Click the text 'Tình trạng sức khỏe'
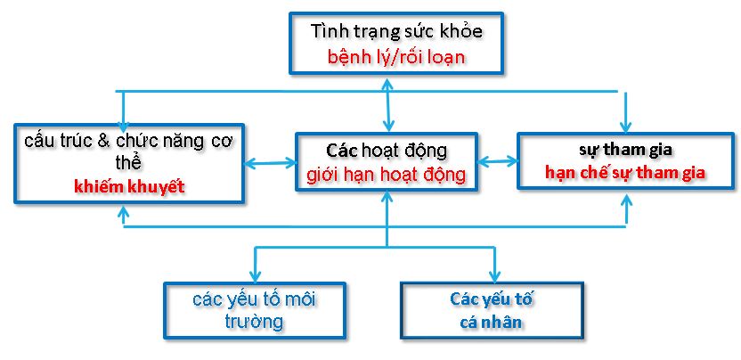point(396,32)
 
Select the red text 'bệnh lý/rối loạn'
point(396,57)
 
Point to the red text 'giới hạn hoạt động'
point(387,174)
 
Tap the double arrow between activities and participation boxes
point(498,162)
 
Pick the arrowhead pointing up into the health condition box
point(387,83)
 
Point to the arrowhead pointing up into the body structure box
point(122,214)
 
